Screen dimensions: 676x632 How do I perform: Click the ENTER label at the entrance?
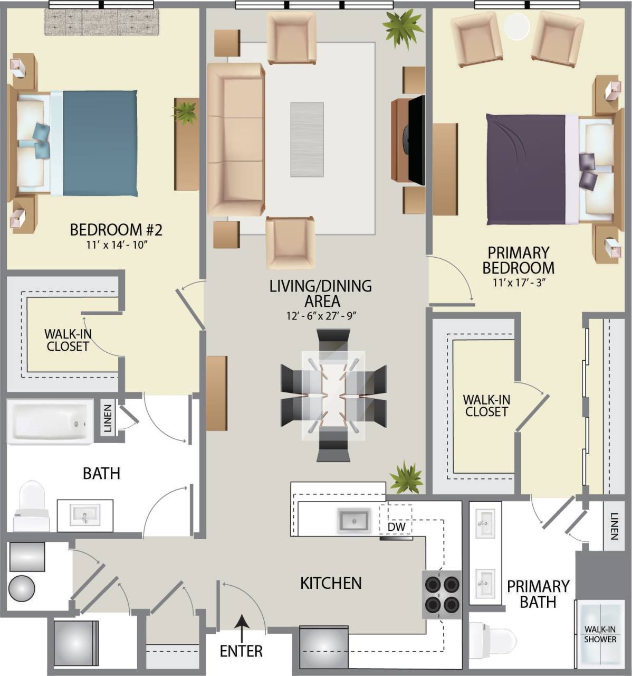241,651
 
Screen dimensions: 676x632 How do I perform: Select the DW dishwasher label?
396,527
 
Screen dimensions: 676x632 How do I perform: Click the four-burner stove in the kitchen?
442,594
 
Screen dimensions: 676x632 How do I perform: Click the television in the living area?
417,140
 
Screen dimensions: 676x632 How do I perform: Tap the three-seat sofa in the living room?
236,139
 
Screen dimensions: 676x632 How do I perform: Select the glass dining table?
333,395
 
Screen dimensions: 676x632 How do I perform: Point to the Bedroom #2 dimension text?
116,245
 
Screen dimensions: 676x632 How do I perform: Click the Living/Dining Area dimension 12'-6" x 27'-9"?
320,316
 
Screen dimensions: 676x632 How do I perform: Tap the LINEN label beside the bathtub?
108,418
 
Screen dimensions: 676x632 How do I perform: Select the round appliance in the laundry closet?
22,588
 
